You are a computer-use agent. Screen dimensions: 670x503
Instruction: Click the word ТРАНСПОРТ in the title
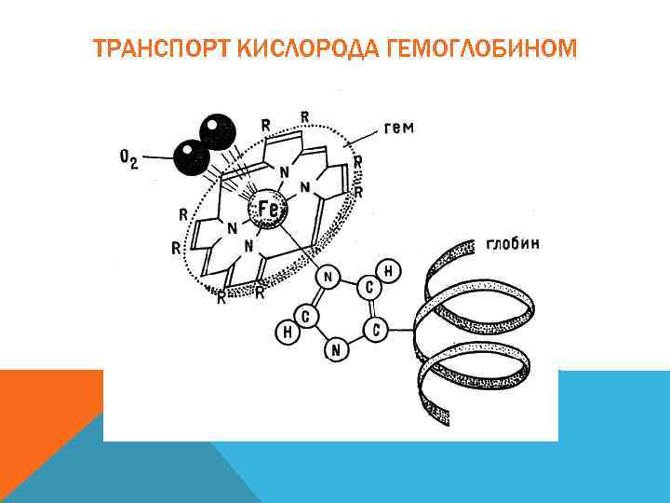[159, 48]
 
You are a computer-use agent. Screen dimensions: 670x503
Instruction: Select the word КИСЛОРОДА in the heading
[298, 48]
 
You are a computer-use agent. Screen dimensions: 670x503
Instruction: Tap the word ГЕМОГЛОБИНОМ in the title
[474, 48]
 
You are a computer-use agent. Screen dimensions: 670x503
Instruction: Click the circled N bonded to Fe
[326, 277]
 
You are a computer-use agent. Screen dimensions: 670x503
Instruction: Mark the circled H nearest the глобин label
[391, 271]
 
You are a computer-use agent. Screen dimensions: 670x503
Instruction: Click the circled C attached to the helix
[376, 330]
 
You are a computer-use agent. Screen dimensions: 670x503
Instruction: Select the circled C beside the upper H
[369, 286]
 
